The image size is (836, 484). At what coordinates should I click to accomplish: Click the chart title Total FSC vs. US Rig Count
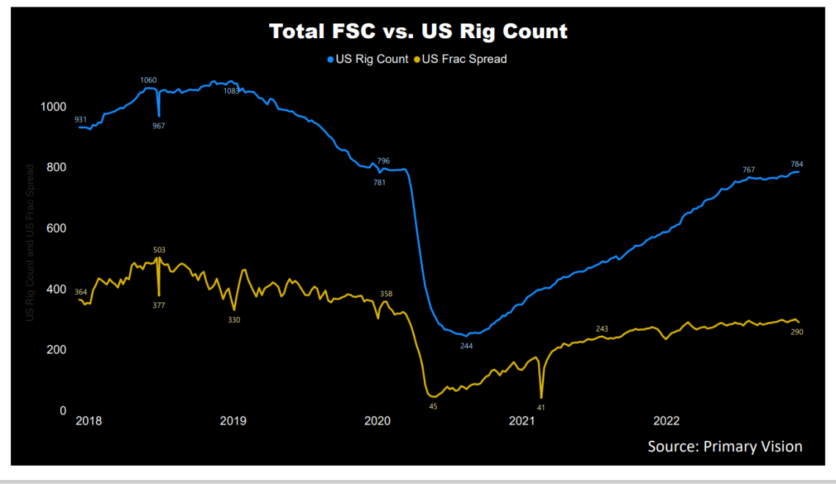(418, 32)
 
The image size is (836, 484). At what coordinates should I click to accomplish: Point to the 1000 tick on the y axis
(52, 107)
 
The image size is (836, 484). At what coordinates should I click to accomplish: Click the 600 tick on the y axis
(55, 228)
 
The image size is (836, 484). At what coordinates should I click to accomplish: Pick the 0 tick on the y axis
(63, 411)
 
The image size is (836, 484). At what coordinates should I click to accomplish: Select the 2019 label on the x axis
(233, 421)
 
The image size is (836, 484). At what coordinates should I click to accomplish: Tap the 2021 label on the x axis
(522, 421)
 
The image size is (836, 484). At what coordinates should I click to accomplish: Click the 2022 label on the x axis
(667, 421)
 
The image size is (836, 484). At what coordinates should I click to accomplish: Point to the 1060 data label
(148, 80)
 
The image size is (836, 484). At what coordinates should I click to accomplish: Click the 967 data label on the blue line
(158, 126)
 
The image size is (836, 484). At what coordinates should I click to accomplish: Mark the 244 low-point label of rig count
(466, 345)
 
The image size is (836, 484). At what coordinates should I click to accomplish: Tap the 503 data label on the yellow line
(159, 250)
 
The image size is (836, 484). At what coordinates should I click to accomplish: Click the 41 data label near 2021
(541, 407)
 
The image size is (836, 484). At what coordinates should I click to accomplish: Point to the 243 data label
(602, 329)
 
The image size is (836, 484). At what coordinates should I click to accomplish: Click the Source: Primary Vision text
(725, 446)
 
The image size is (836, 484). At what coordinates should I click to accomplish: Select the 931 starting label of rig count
(81, 120)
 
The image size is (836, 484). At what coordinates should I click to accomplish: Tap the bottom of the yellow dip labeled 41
(541, 397)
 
